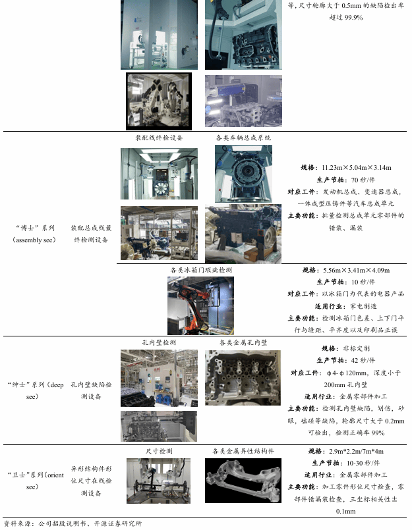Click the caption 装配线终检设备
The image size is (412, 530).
click(x=159, y=138)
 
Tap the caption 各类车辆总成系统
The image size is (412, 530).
click(x=243, y=138)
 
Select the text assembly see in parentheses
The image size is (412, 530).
click(x=34, y=240)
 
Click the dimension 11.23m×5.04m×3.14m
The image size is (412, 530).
click(x=357, y=168)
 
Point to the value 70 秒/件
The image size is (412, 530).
click(x=363, y=180)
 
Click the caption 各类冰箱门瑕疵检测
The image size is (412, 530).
click(x=201, y=270)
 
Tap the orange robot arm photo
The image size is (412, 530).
click(x=201, y=306)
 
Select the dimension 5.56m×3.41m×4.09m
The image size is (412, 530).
click(x=357, y=271)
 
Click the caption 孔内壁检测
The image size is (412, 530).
click(x=159, y=342)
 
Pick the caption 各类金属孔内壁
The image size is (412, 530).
click(x=243, y=342)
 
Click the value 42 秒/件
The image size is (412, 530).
click(x=363, y=360)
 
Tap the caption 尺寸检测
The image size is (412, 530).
click(x=159, y=451)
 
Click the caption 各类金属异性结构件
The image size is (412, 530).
click(x=243, y=451)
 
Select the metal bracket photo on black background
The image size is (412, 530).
click(x=243, y=481)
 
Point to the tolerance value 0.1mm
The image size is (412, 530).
click(x=345, y=512)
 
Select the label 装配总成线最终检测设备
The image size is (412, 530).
click(x=91, y=234)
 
